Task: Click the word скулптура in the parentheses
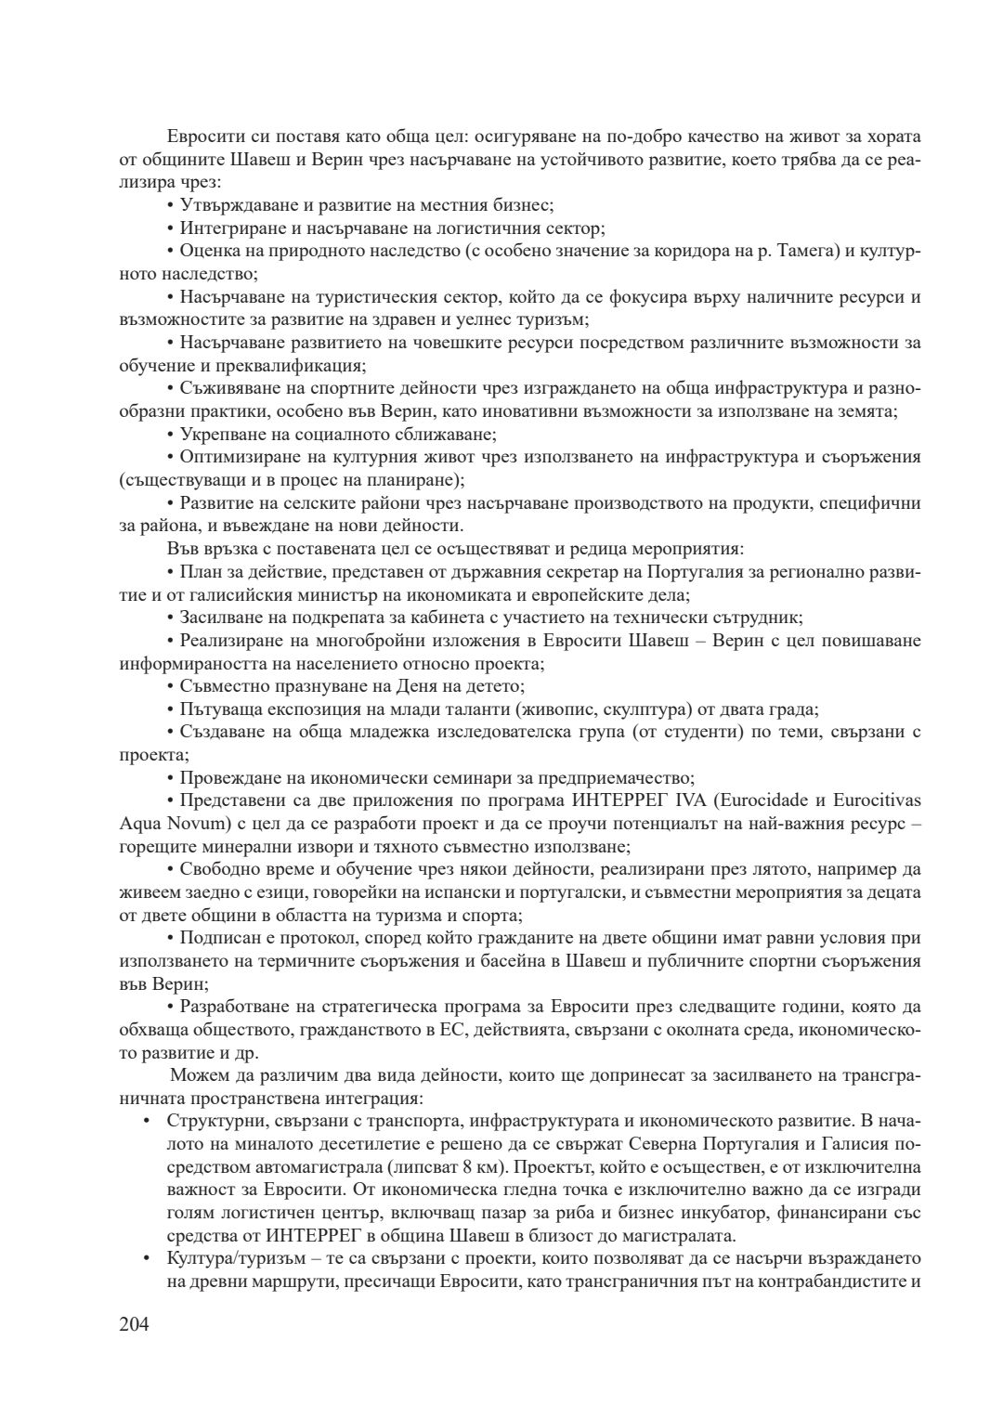pos(663,709)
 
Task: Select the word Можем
pos(199,1076)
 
